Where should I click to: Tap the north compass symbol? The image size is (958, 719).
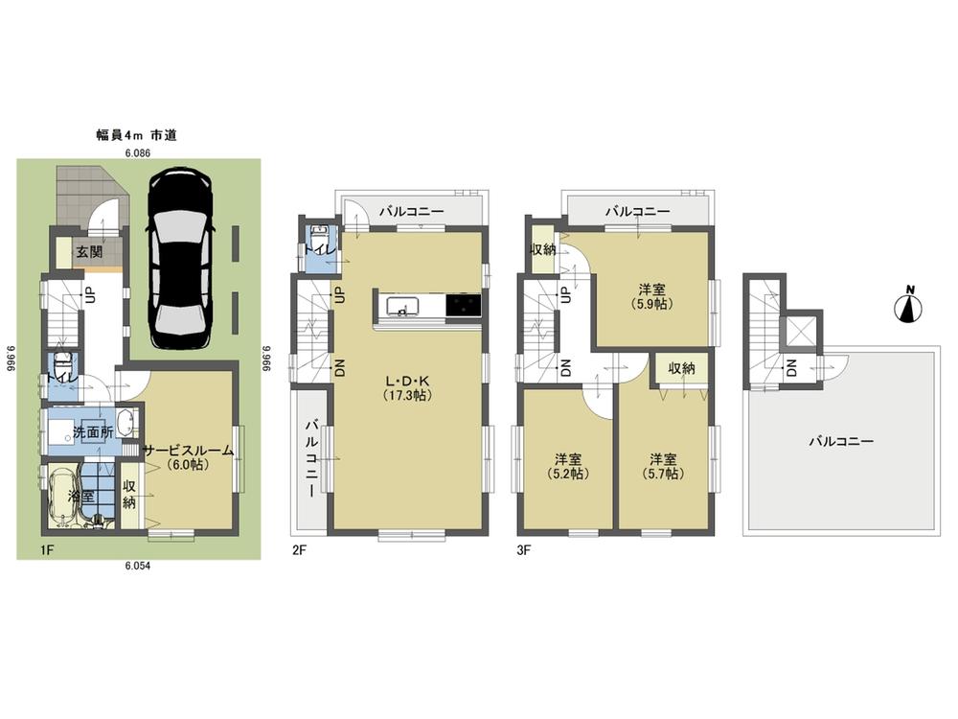tap(908, 307)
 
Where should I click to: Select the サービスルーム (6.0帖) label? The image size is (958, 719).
tap(188, 457)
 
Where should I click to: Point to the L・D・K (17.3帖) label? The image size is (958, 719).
tap(409, 387)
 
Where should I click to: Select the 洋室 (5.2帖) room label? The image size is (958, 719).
tap(567, 465)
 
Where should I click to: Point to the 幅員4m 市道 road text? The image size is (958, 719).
tap(137, 137)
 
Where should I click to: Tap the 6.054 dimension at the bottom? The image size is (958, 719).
tap(139, 567)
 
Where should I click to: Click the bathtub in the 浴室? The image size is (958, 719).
tap(60, 498)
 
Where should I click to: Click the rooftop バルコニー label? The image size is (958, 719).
tap(841, 442)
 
